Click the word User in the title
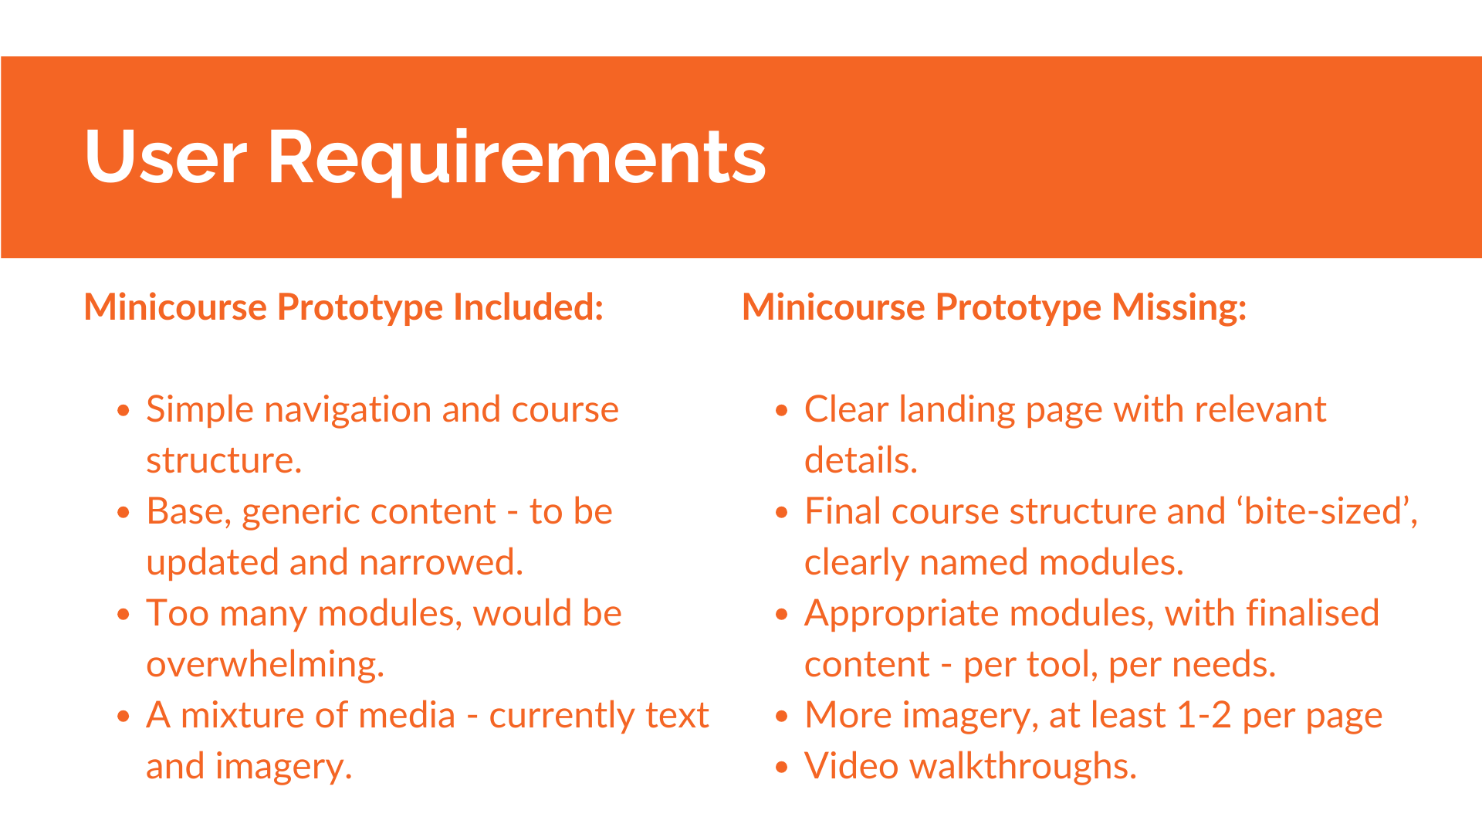[166, 157]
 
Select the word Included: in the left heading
[528, 307]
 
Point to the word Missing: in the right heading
[1179, 308]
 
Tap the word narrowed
[442, 562]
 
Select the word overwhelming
[265, 665]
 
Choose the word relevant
[1260, 409]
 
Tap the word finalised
[1312, 613]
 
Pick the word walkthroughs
[1023, 767]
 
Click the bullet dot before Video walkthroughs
[782, 768]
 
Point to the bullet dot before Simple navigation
[123, 411]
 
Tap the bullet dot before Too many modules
[123, 615]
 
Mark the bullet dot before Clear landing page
[782, 411]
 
